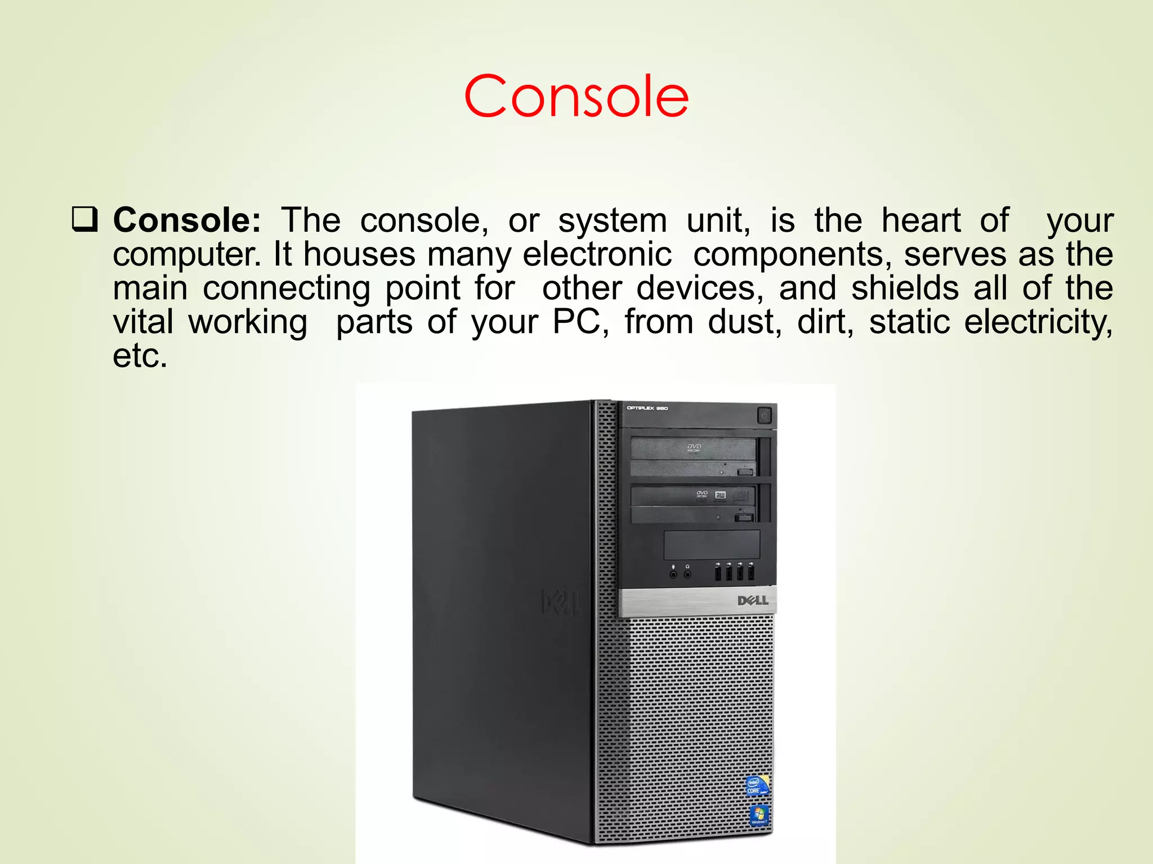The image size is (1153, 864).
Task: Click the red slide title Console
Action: [x=576, y=97]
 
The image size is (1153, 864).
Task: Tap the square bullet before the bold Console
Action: [x=84, y=220]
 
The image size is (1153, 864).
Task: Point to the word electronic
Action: [x=597, y=254]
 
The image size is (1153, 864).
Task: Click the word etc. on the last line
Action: [x=140, y=356]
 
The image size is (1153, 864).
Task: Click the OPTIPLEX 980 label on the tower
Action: [x=647, y=408]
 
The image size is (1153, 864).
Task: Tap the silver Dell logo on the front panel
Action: [x=753, y=601]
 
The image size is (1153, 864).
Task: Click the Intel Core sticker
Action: [x=755, y=786]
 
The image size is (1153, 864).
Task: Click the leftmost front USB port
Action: [x=717, y=573]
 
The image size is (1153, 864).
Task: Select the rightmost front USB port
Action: [x=751, y=573]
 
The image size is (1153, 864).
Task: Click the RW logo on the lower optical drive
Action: [x=720, y=495]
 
